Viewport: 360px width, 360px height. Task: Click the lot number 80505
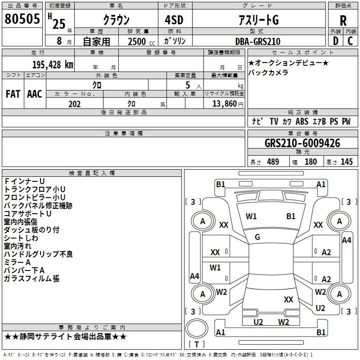coord(22,18)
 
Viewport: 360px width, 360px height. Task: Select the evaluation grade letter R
coord(343,21)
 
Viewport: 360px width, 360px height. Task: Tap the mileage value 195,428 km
coord(53,65)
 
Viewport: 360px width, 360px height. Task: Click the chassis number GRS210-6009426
coord(302,143)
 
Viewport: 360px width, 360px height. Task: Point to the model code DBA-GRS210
coord(258,41)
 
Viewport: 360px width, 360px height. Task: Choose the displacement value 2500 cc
coord(141,41)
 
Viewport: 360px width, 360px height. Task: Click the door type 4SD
coord(174,20)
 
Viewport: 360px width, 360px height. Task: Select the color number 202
coord(75,104)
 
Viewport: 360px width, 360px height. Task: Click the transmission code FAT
coord(13,94)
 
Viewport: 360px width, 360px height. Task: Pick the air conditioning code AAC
coord(35,94)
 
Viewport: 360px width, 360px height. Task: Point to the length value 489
coord(273,162)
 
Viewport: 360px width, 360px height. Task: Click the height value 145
coord(346,162)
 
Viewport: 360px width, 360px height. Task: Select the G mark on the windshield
coord(257,237)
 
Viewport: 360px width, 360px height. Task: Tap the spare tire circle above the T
coord(197,328)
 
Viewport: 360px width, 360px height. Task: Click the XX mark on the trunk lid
coord(288,299)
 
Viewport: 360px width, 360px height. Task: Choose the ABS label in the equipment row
coord(302,121)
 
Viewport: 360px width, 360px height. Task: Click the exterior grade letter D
coord(336,41)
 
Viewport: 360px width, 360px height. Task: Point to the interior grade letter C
coord(350,41)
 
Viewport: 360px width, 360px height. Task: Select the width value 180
coord(310,162)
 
